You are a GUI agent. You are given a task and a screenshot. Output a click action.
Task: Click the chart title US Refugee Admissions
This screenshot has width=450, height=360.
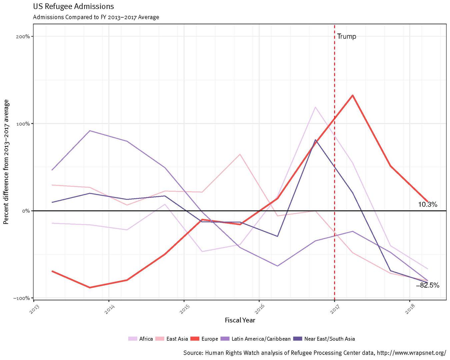[73, 6]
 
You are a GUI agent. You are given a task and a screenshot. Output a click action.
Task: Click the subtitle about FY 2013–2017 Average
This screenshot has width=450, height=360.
[96, 17]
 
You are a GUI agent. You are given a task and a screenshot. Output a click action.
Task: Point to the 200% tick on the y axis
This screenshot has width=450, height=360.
[23, 36]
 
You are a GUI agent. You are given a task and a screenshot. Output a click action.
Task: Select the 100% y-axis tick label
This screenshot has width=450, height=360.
[23, 124]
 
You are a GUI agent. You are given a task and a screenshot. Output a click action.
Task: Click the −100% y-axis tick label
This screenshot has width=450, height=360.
[21, 298]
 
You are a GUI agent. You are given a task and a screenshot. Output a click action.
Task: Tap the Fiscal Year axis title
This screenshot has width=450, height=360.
[240, 320]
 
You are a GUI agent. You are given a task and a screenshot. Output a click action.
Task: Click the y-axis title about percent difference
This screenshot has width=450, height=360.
[6, 162]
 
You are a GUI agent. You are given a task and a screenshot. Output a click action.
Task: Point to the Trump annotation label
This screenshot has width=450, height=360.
[346, 36]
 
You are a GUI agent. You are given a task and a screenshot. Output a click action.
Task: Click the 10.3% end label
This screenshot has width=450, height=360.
[427, 205]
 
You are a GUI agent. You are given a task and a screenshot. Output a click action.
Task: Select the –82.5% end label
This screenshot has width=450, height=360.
[428, 285]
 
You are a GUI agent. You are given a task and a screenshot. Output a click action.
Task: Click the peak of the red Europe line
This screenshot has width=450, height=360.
[352, 95]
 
